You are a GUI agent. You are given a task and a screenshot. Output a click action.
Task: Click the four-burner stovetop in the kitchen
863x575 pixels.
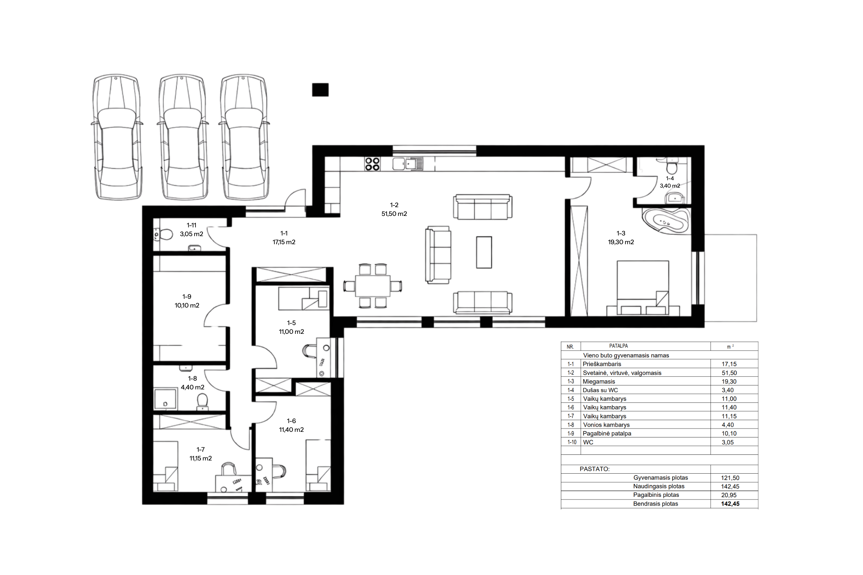coord(372,164)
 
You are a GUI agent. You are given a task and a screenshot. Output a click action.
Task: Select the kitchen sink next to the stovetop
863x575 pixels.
coord(408,164)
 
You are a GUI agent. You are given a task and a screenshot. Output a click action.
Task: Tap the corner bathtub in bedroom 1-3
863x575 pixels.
coord(665,221)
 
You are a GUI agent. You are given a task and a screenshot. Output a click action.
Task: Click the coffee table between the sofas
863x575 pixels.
coord(484,252)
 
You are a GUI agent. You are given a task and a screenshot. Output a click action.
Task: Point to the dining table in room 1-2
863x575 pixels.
coord(373,286)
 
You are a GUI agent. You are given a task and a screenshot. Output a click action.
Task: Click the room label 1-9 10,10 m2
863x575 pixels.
coord(187,301)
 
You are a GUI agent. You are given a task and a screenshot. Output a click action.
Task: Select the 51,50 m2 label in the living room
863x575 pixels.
coord(394,214)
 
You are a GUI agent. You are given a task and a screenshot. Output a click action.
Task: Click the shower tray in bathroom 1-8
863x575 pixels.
coord(165,399)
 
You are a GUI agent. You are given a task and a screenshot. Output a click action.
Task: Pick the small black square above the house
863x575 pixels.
coord(320,90)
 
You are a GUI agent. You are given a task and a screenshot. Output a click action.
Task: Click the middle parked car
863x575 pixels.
coord(183,137)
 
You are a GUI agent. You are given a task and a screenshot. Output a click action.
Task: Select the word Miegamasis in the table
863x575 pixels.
coord(599,381)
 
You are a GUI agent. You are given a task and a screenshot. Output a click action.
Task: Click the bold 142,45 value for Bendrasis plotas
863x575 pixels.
coord(730,504)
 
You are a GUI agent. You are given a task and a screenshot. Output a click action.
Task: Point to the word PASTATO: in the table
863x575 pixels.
coord(594,469)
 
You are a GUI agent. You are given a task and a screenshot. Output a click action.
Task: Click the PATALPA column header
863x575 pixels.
coord(619,346)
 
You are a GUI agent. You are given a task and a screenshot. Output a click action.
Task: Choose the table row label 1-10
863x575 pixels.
coord(572,442)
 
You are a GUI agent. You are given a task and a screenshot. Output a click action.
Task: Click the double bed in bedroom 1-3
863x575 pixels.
coord(643,288)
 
